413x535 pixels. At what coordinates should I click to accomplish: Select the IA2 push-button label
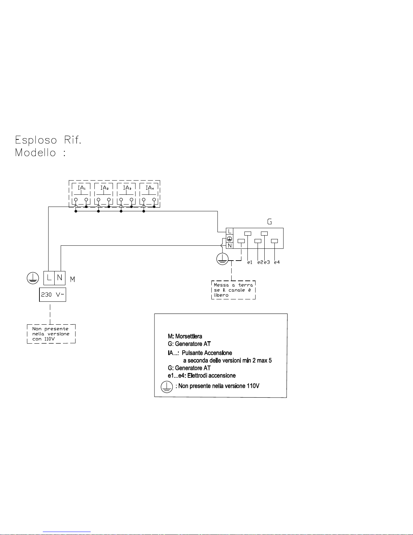click(104, 188)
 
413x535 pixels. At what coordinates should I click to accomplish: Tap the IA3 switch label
click(127, 188)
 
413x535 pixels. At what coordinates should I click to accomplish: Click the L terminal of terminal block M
click(49, 278)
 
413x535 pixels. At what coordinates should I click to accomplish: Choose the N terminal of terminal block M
click(60, 278)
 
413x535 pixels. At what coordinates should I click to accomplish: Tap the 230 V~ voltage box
click(53, 295)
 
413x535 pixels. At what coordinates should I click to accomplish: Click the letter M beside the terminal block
click(72, 279)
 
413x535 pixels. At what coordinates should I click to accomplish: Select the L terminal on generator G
click(230, 232)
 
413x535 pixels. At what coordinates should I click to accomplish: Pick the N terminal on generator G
click(230, 246)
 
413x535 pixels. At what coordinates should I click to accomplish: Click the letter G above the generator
click(269, 222)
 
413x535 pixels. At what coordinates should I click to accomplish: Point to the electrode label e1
click(249, 262)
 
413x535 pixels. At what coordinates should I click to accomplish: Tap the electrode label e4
click(277, 262)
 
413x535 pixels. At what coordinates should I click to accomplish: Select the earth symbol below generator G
click(223, 259)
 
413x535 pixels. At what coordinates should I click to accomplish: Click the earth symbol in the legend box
click(166, 386)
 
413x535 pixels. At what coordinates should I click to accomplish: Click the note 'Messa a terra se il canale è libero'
click(233, 290)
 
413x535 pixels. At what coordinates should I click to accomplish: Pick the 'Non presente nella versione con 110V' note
click(51, 334)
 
